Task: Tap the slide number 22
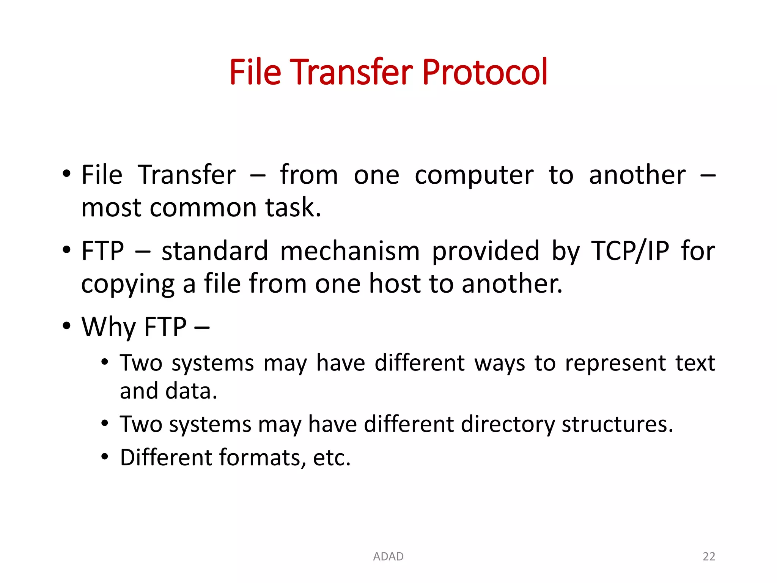tap(709, 556)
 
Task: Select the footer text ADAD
tap(388, 556)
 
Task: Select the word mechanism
tap(350, 251)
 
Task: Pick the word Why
tap(109, 327)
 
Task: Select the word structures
tap(617, 424)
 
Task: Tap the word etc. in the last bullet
tap(332, 458)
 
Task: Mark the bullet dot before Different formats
tap(105, 457)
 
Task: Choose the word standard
tap(215, 251)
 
